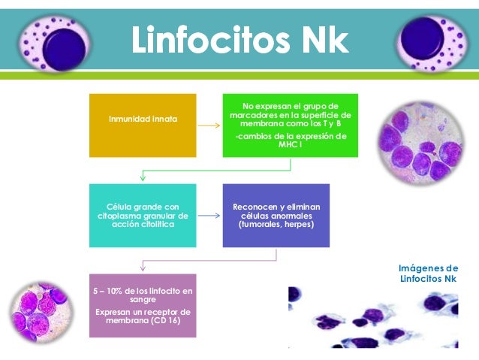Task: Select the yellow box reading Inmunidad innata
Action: pos(142,119)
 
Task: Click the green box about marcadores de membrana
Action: pos(290,125)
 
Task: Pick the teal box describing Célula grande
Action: pos(142,215)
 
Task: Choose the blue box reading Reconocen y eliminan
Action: pos(276,215)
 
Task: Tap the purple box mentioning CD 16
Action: pos(142,305)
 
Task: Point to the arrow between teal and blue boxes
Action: pos(209,216)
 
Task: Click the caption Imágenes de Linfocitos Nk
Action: pos(429,273)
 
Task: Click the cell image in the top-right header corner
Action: pos(429,43)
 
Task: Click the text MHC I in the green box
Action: pos(289,144)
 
